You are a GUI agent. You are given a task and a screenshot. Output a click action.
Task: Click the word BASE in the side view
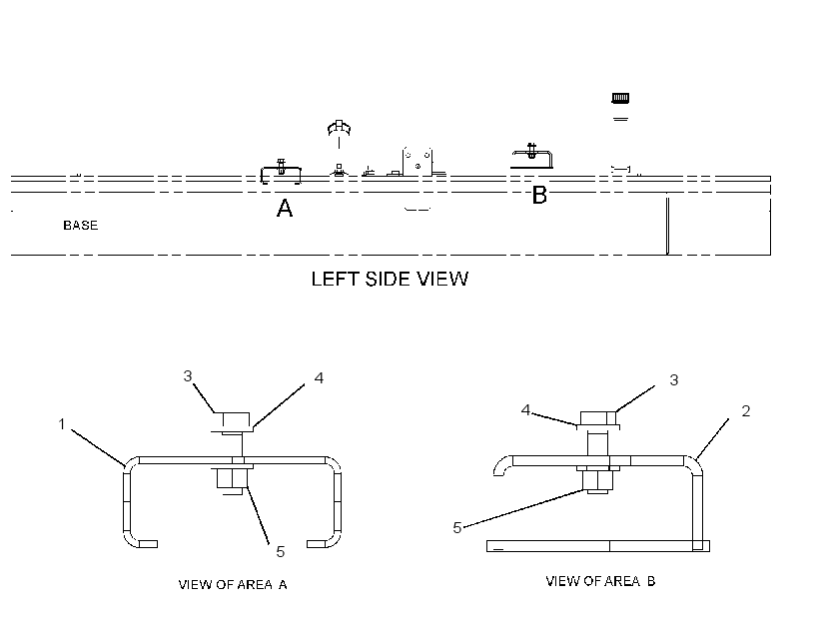[x=81, y=225]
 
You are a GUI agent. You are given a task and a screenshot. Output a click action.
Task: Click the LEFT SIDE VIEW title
[x=390, y=279]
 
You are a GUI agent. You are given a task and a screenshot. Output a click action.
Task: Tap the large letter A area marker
[x=285, y=208]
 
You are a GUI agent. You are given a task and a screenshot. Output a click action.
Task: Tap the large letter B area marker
[x=539, y=195]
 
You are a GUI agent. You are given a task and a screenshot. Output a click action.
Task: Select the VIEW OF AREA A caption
[x=233, y=584]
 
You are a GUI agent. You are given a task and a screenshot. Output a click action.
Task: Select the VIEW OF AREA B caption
[x=600, y=581]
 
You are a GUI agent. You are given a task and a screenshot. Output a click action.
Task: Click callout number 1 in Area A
[x=62, y=424]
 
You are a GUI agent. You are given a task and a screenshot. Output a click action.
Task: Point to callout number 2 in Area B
[x=746, y=411]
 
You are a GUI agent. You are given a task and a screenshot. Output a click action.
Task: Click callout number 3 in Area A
[x=188, y=376]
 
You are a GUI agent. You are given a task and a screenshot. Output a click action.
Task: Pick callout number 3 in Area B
[x=674, y=379]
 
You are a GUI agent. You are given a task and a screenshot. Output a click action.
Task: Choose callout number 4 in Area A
[x=320, y=377]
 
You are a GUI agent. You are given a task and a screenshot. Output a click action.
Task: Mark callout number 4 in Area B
[x=526, y=410]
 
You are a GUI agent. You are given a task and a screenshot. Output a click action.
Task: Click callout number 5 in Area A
[x=281, y=551]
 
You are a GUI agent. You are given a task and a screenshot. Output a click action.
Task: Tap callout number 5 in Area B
[x=457, y=527]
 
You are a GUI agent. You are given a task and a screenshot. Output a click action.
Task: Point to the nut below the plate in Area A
[x=232, y=478]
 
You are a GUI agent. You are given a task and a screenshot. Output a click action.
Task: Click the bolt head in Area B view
[x=598, y=417]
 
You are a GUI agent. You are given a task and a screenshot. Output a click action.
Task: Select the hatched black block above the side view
[x=620, y=98]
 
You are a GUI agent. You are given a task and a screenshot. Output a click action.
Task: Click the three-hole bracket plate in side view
[x=417, y=162]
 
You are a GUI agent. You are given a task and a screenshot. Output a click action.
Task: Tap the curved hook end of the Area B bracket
[x=500, y=463]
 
